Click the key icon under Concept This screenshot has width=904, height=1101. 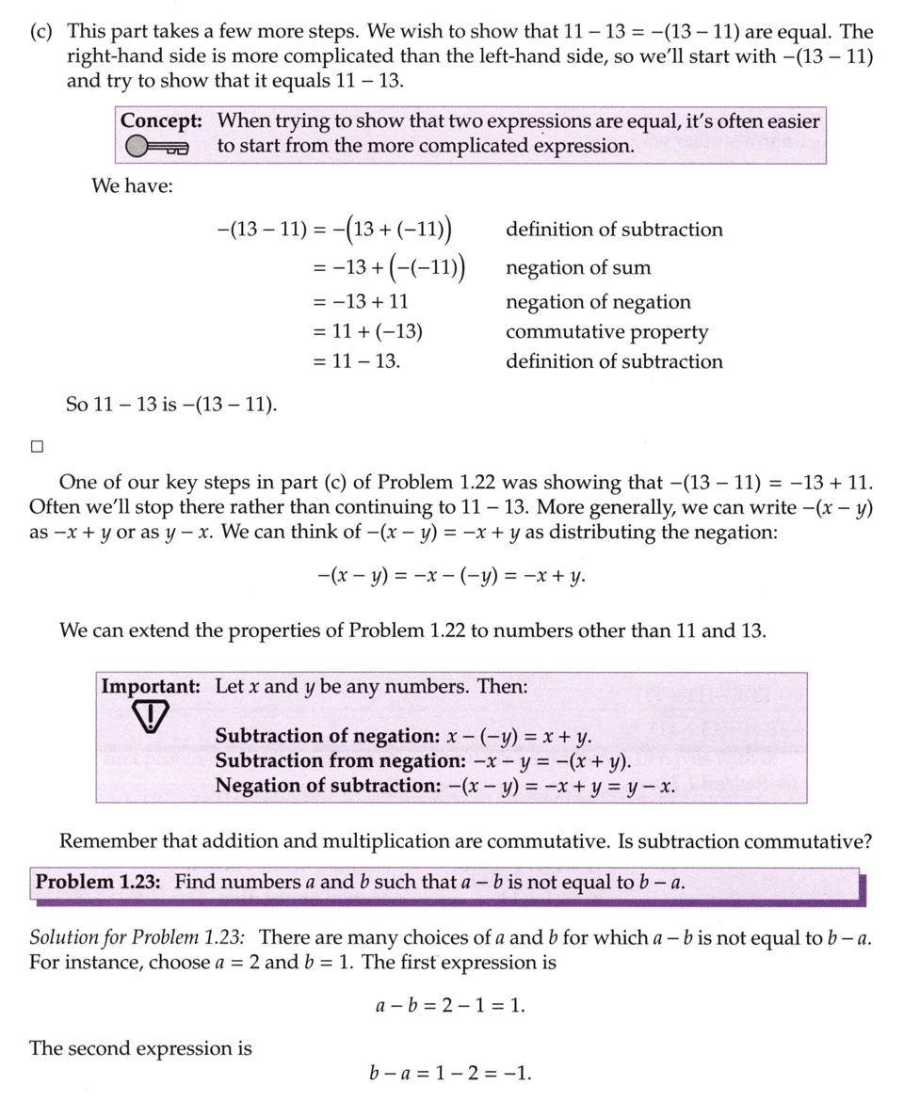(157, 147)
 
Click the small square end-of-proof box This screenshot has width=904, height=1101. (36, 447)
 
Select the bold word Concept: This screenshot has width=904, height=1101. (163, 121)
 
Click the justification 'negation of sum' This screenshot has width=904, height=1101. (578, 268)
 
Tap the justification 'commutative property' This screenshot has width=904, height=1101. (606, 332)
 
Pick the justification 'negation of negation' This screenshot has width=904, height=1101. (598, 302)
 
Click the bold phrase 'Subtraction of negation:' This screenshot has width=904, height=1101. (327, 736)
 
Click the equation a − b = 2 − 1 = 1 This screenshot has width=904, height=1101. (450, 1005)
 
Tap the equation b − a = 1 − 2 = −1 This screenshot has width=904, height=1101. (452, 1074)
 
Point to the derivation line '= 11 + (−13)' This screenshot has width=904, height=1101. (367, 332)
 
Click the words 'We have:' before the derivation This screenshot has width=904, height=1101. (132, 185)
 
